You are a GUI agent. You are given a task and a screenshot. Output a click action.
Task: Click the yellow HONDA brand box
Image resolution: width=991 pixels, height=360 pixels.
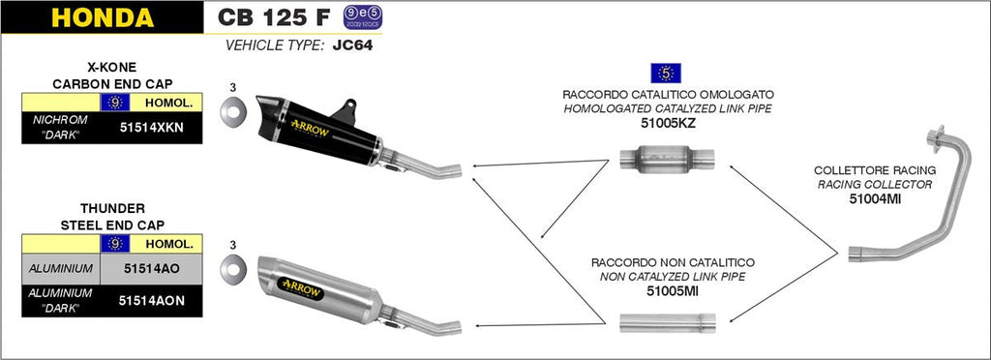(x=102, y=17)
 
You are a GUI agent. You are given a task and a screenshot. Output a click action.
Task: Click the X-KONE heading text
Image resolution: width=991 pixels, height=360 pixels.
(x=110, y=67)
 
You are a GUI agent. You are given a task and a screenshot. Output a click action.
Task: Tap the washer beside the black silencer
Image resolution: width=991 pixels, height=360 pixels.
(x=232, y=115)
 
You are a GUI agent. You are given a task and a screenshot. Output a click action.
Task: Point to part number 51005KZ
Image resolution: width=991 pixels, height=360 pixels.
(x=668, y=123)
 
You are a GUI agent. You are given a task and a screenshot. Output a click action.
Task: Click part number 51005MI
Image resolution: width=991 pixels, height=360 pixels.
(x=669, y=290)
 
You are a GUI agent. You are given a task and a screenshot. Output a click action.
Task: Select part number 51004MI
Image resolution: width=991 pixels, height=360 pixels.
(x=875, y=199)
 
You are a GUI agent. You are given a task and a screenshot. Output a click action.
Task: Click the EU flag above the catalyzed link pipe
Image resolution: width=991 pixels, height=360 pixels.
(x=666, y=72)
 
